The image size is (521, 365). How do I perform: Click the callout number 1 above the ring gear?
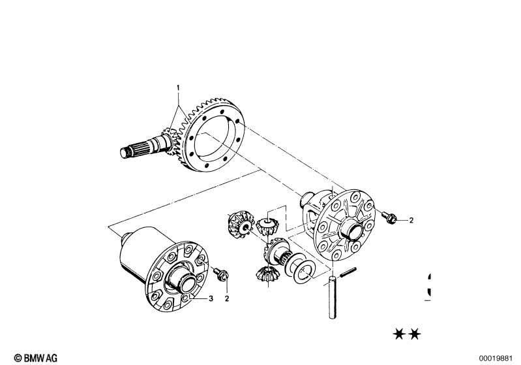pyautogui.click(x=175, y=87)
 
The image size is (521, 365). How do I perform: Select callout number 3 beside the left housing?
pyautogui.click(x=211, y=299)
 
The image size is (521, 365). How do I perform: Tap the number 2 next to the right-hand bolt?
pyautogui.click(x=411, y=220)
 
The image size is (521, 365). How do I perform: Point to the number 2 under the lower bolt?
pyautogui.click(x=227, y=299)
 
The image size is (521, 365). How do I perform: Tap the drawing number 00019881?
pyautogui.click(x=497, y=357)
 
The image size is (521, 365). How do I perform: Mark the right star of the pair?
pyautogui.click(x=415, y=334)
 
